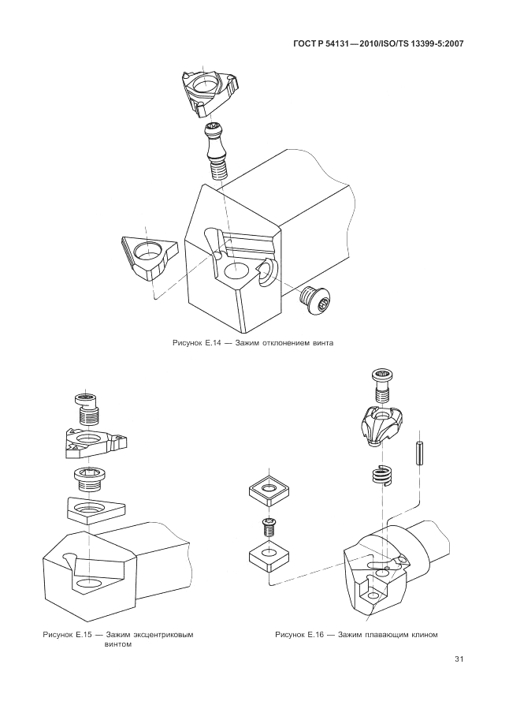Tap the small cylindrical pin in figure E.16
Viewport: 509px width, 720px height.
point(420,455)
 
